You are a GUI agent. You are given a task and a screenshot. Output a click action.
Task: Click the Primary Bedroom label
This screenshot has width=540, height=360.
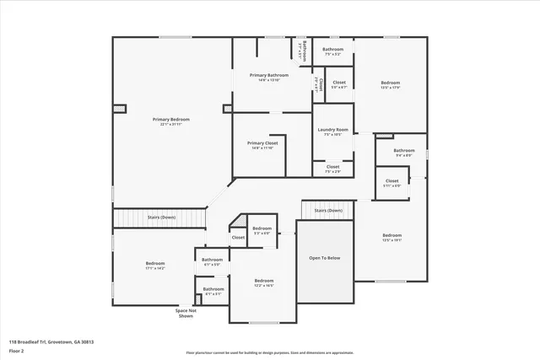tap(170, 120)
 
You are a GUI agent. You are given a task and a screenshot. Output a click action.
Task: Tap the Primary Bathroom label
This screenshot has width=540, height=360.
tap(268, 75)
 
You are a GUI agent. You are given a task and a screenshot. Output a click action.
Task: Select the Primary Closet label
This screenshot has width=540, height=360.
tap(262, 143)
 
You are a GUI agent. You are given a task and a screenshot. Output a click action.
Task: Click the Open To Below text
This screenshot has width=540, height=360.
tap(324, 257)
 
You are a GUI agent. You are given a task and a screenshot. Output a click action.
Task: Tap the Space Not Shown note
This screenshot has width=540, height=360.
tap(186, 314)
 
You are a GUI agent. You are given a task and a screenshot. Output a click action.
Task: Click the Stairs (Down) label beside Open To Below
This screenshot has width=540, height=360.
tap(328, 210)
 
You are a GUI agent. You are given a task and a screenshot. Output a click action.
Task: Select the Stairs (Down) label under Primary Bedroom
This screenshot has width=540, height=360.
tap(161, 218)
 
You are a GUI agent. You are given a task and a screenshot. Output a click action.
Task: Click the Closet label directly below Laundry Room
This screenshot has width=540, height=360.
tap(332, 167)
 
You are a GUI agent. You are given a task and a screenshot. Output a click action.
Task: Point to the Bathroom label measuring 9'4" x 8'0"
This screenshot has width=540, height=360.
tap(403, 151)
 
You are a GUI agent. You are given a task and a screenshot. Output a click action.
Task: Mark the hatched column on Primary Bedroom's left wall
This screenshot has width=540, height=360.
tap(119, 108)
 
